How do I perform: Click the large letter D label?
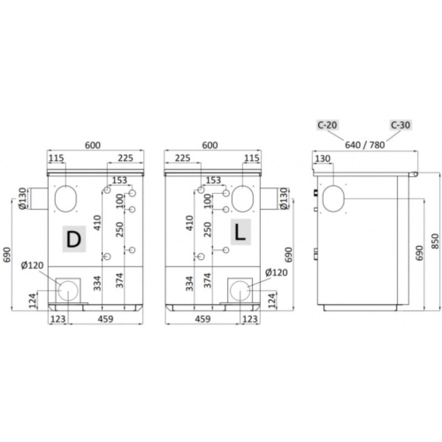tap(74, 239)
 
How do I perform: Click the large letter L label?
tap(240, 233)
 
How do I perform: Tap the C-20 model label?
tap(327, 125)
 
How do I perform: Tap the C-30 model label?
tap(401, 125)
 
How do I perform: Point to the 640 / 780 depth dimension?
tap(365, 145)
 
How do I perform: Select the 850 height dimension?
tap(435, 241)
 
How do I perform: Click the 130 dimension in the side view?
tap(323, 159)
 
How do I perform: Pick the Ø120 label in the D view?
tap(33, 265)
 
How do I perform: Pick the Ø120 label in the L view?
tap(276, 272)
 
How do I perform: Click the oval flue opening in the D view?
tap(65, 199)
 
